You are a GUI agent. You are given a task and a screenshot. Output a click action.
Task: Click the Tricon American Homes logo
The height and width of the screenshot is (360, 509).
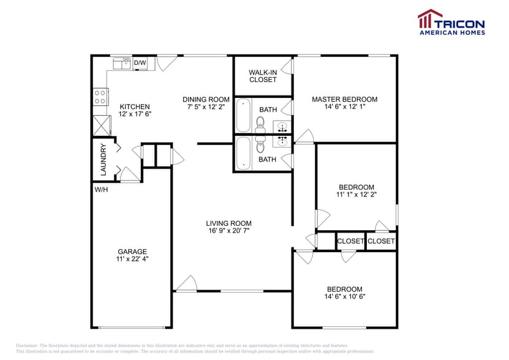pos(451,23)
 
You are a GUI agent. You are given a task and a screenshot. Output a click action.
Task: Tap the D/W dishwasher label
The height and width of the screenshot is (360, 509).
pos(140,63)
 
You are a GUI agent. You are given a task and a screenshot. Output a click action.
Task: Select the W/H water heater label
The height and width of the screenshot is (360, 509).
pos(101,190)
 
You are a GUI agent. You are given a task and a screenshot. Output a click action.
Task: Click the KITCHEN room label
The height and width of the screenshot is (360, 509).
pos(134,107)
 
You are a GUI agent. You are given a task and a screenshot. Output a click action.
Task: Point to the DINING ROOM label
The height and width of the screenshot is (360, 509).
pos(206,99)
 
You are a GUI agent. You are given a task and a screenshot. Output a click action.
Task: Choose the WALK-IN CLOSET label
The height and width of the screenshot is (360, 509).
pos(263,76)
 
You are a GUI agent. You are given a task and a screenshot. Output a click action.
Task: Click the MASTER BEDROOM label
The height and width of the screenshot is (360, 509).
pos(344,99)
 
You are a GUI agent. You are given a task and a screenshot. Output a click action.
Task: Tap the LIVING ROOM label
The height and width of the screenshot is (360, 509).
pos(228,223)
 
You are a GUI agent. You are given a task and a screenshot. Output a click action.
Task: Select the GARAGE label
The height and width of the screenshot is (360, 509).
pos(132,252)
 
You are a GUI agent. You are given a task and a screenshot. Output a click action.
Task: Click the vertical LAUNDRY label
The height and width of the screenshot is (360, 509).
pos(104,159)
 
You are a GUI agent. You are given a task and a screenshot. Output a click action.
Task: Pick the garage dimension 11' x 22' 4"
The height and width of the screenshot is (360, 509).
pos(132,259)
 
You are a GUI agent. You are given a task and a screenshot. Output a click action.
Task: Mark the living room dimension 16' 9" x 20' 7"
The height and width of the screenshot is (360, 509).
pos(228,231)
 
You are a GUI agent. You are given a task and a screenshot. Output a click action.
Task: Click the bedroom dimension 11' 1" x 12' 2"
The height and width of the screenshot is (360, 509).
pos(356,195)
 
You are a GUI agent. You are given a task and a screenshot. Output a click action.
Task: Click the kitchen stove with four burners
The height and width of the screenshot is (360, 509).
pos(100,96)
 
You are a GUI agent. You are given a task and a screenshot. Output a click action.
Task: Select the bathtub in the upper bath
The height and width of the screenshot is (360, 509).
pos(243,114)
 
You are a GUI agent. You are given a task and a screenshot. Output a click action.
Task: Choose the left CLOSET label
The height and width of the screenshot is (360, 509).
pos(350,241)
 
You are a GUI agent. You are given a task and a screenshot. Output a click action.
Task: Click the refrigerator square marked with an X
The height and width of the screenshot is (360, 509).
pos(100,125)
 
